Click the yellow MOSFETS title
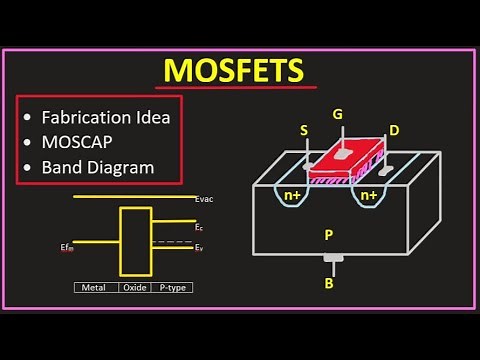coord(234,72)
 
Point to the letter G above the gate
coord(338,115)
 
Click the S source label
coord(304,131)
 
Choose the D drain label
coord(394,131)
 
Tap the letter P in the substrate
coord(328,235)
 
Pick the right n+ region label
coord(369,196)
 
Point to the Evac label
coord(205,199)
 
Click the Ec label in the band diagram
coord(199,229)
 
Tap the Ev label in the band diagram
coord(199,246)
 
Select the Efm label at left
coord(66,245)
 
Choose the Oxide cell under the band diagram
coord(134,287)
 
